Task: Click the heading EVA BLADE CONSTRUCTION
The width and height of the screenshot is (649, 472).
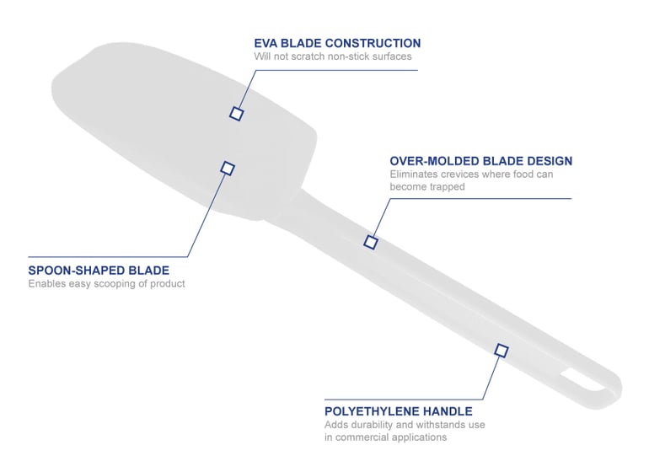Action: tap(337, 43)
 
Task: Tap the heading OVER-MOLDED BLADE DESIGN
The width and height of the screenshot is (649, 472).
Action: tap(481, 161)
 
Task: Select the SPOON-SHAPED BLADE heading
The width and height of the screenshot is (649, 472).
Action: tap(99, 271)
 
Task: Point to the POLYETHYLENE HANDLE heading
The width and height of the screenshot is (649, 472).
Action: tap(398, 411)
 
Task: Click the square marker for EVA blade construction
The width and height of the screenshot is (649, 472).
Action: tap(236, 114)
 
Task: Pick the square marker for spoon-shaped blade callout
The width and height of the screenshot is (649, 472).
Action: tap(228, 168)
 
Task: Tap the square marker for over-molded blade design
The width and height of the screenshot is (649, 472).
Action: tap(371, 242)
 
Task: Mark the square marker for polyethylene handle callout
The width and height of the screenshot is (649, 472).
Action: tap(501, 351)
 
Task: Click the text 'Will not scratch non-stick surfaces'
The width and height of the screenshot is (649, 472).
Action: tap(333, 56)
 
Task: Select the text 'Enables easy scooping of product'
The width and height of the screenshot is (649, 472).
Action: tap(106, 283)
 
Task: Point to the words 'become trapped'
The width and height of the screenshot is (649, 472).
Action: tap(427, 187)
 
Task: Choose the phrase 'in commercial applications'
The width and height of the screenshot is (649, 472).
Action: tap(385, 437)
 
